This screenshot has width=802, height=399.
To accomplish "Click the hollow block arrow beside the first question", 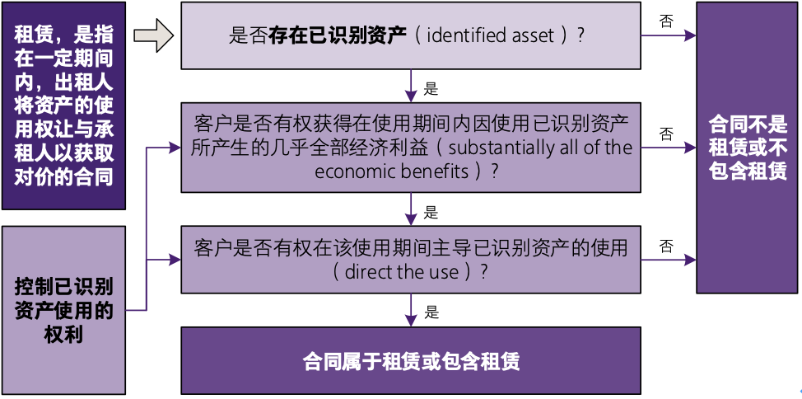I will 152,35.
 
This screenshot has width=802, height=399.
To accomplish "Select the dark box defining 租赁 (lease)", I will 63,106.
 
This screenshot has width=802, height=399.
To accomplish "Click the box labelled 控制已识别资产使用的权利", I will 63,310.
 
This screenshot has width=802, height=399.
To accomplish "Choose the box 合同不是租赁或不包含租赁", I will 747,148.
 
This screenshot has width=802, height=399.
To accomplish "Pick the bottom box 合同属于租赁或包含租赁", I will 410,362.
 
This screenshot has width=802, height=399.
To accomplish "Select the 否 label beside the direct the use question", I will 666,246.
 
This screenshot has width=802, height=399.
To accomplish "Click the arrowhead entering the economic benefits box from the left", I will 175,148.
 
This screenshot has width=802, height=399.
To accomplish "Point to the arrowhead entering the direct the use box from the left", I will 175,260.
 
